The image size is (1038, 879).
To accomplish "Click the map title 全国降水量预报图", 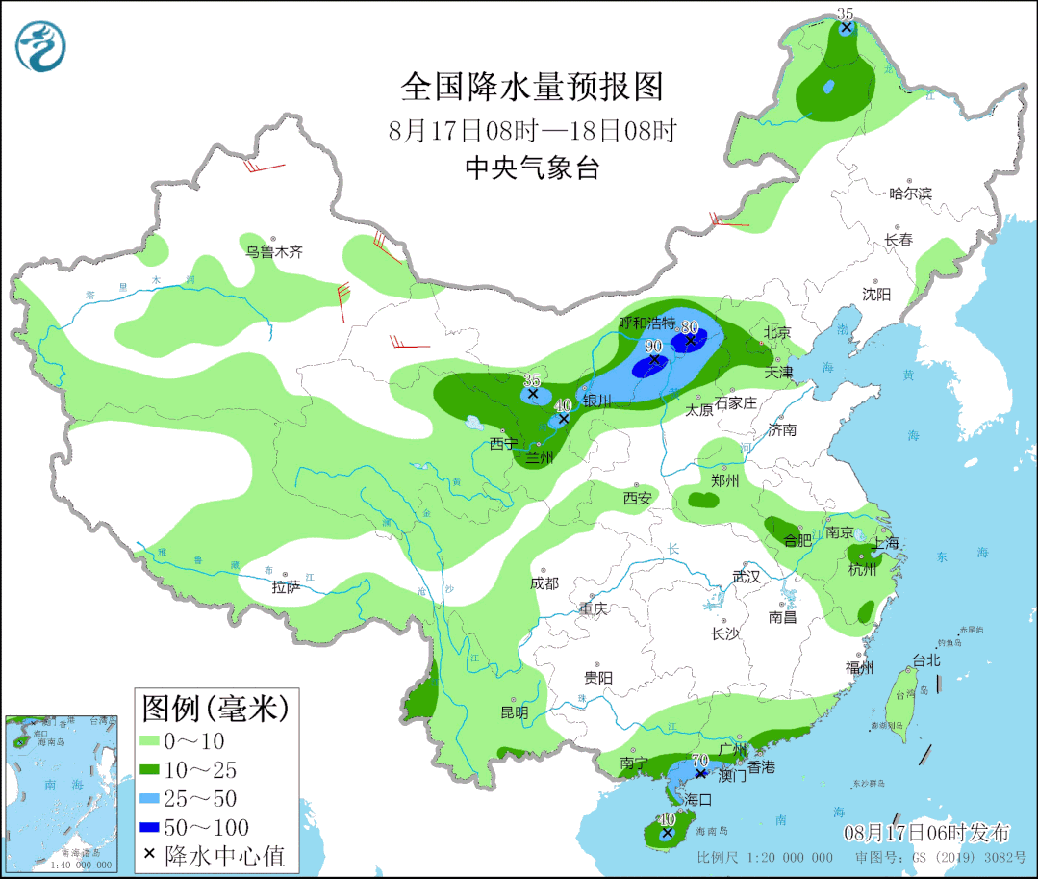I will pos(532,88).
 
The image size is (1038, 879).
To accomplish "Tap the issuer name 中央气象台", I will pos(532,168).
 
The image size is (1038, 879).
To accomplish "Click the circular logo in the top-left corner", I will pos(42,44).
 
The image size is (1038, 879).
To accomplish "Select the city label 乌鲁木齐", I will pos(273,252).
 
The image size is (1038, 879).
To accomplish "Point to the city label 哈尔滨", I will pos(910,194).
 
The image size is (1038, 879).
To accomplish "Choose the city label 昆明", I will pos(515,712).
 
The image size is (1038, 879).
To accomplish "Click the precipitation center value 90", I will pos(654,346).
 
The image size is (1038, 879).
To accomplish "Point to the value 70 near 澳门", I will pos(700,760).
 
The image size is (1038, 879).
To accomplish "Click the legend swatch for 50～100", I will pos(150,827).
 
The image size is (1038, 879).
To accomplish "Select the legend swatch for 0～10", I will pos(150,741).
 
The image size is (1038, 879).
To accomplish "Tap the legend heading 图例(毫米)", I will pos(215,710).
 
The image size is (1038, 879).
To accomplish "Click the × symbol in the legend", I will pos(149,855).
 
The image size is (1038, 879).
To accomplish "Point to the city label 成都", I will pos(544,583).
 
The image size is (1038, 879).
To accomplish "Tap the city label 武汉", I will pos(746,577).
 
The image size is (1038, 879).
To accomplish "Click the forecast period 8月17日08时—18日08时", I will pos(533,130).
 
